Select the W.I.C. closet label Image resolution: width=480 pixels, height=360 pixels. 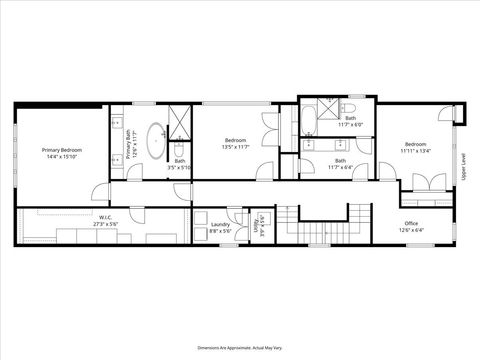tap(105, 217)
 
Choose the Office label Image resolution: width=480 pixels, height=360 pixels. tap(411, 223)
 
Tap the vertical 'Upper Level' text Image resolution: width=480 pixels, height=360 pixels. tap(463, 166)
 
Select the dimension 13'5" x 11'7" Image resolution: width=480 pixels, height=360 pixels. tap(235, 146)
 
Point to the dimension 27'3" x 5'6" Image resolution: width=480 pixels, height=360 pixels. tap(105, 224)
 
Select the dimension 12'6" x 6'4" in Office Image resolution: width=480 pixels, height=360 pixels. tap(411, 230)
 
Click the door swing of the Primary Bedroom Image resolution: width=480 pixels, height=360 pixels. tap(100, 192)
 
